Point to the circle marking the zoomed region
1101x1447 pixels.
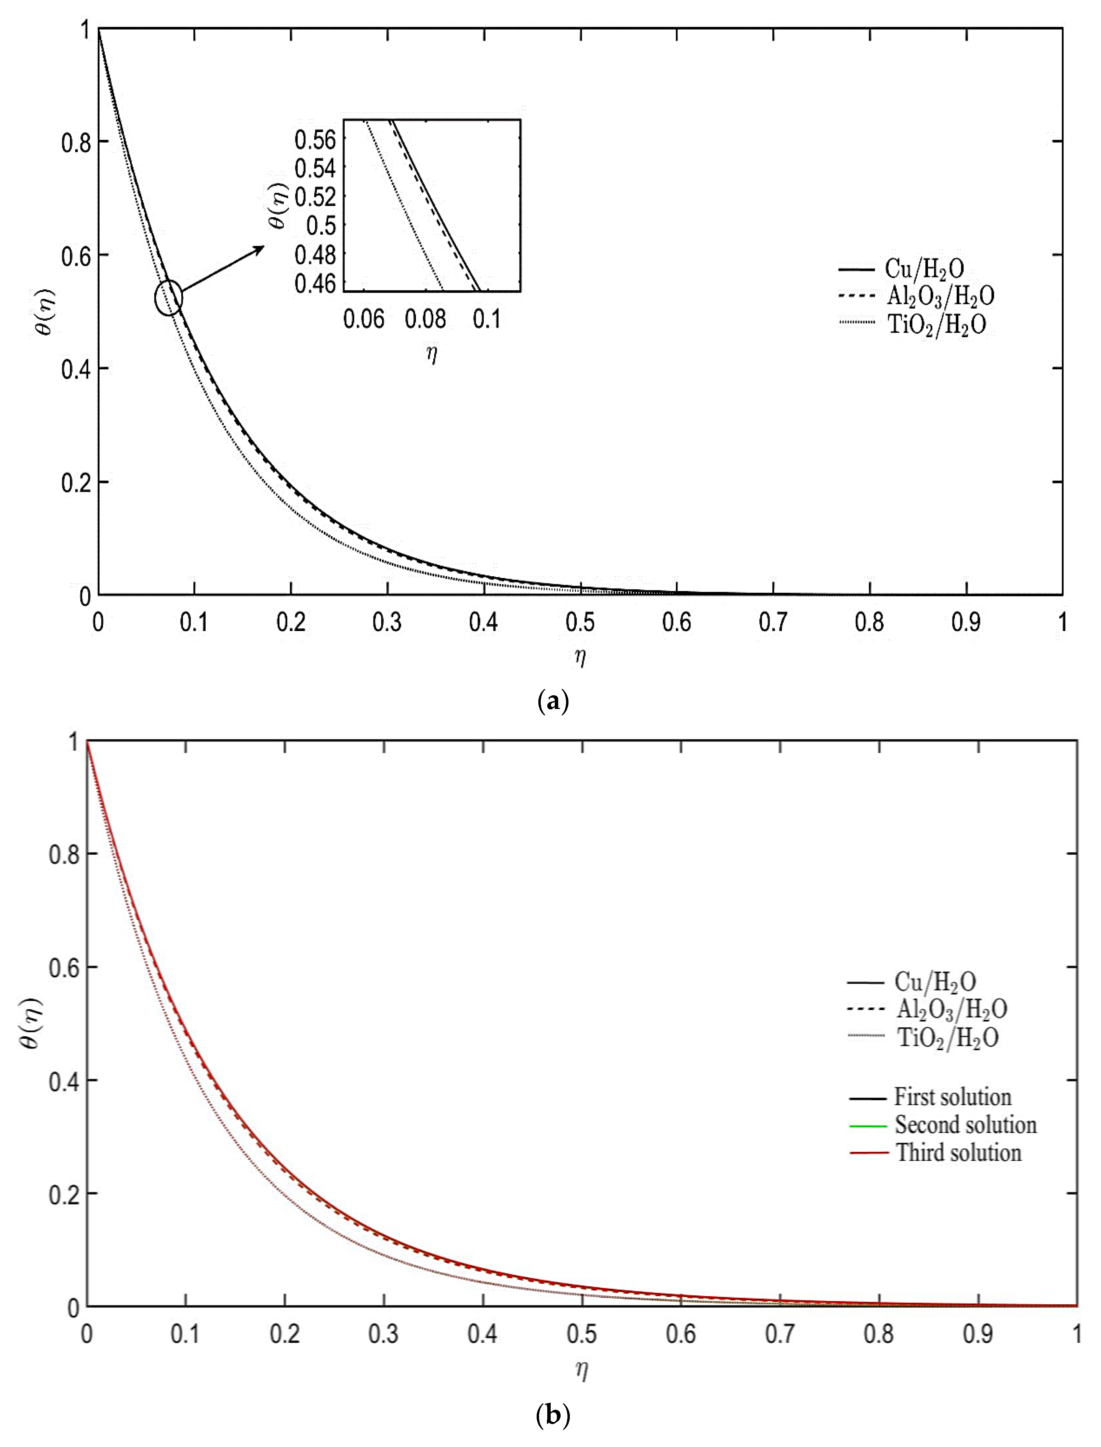pyautogui.click(x=168, y=298)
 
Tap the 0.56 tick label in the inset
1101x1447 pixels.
pyautogui.click(x=315, y=140)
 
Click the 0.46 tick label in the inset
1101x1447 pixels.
pyautogui.click(x=315, y=284)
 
